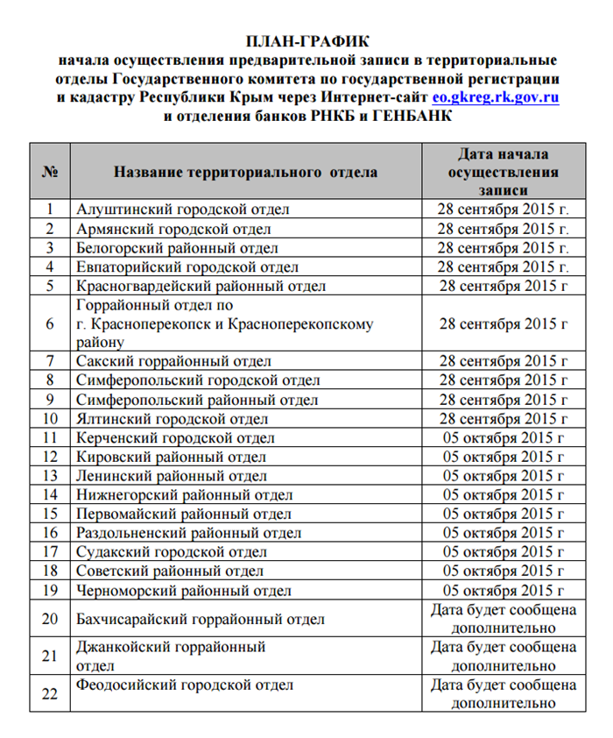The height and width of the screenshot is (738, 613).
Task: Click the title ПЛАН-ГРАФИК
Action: (x=307, y=42)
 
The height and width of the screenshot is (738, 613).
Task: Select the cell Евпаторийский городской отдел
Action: (x=187, y=266)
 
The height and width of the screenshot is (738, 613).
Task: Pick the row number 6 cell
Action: (x=50, y=323)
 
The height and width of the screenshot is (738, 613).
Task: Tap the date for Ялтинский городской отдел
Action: (x=504, y=418)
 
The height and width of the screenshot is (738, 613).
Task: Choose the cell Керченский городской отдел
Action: (x=176, y=437)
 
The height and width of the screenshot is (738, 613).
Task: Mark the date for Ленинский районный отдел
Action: (x=504, y=476)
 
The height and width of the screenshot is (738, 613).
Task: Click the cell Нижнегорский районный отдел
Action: (x=185, y=495)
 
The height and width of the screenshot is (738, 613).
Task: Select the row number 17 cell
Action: (x=50, y=552)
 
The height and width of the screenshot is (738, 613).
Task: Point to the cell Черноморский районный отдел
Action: (x=184, y=591)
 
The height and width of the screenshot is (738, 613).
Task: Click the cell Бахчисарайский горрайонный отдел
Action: (x=201, y=620)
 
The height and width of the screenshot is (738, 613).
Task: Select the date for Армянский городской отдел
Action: (x=504, y=229)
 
